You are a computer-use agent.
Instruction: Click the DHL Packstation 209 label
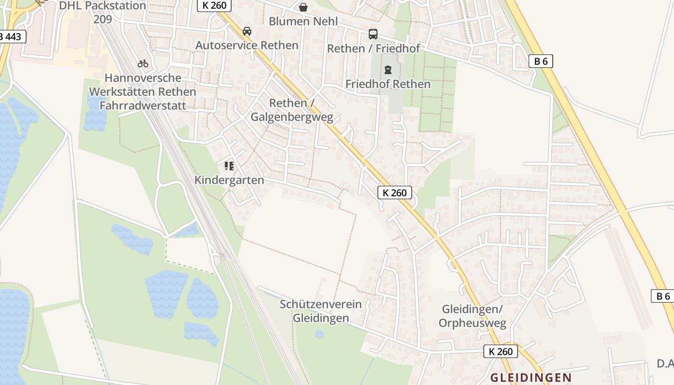[x=102, y=13]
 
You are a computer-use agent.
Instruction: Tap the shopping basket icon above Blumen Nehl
[x=303, y=7]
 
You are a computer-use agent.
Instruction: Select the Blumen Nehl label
[x=303, y=22]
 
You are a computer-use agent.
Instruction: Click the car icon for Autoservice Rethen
[x=247, y=31]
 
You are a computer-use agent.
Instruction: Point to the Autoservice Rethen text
[x=247, y=45]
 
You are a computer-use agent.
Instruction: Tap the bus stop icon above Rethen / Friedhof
[x=373, y=34]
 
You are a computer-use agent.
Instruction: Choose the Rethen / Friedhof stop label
[x=373, y=48]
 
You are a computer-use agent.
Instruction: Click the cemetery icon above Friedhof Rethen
[x=388, y=70]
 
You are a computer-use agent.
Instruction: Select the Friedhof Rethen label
[x=388, y=84]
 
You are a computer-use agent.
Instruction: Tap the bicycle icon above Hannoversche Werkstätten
[x=143, y=64]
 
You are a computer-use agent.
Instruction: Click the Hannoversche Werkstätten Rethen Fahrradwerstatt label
[x=143, y=91]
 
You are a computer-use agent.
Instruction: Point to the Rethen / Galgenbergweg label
[x=292, y=110]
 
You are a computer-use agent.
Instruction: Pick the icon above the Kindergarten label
[x=229, y=167]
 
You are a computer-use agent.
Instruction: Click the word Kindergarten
[x=229, y=180]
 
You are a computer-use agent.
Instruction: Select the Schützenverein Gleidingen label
[x=321, y=311]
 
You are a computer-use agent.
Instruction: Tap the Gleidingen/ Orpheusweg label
[x=472, y=316]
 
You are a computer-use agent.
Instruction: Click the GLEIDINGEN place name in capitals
[x=531, y=378]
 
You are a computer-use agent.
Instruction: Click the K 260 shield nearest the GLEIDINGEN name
[x=501, y=351]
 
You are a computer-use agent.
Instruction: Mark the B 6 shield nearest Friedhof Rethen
[x=541, y=61]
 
